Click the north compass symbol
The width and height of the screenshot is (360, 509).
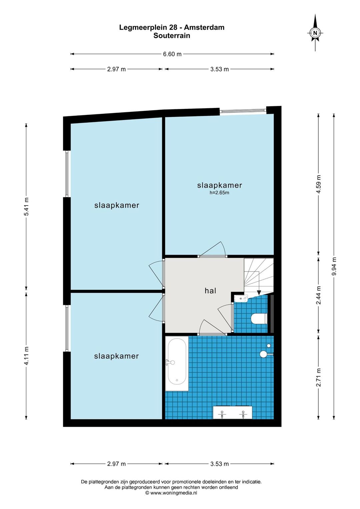[315, 33]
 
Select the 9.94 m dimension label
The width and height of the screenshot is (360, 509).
[334, 266]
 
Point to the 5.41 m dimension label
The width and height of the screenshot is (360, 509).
[26, 207]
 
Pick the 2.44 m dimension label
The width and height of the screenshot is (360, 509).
[319, 295]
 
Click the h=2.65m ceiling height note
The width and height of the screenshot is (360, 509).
[219, 193]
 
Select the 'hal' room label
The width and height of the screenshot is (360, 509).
[210, 290]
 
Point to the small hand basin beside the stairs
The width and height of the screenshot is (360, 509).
[241, 298]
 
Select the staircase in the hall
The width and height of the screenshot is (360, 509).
[259, 277]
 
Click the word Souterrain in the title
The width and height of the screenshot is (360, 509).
[172, 36]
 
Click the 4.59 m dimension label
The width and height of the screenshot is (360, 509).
[319, 184]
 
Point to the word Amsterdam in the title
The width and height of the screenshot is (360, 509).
[204, 28]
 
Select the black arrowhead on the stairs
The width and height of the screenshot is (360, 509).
[259, 293]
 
